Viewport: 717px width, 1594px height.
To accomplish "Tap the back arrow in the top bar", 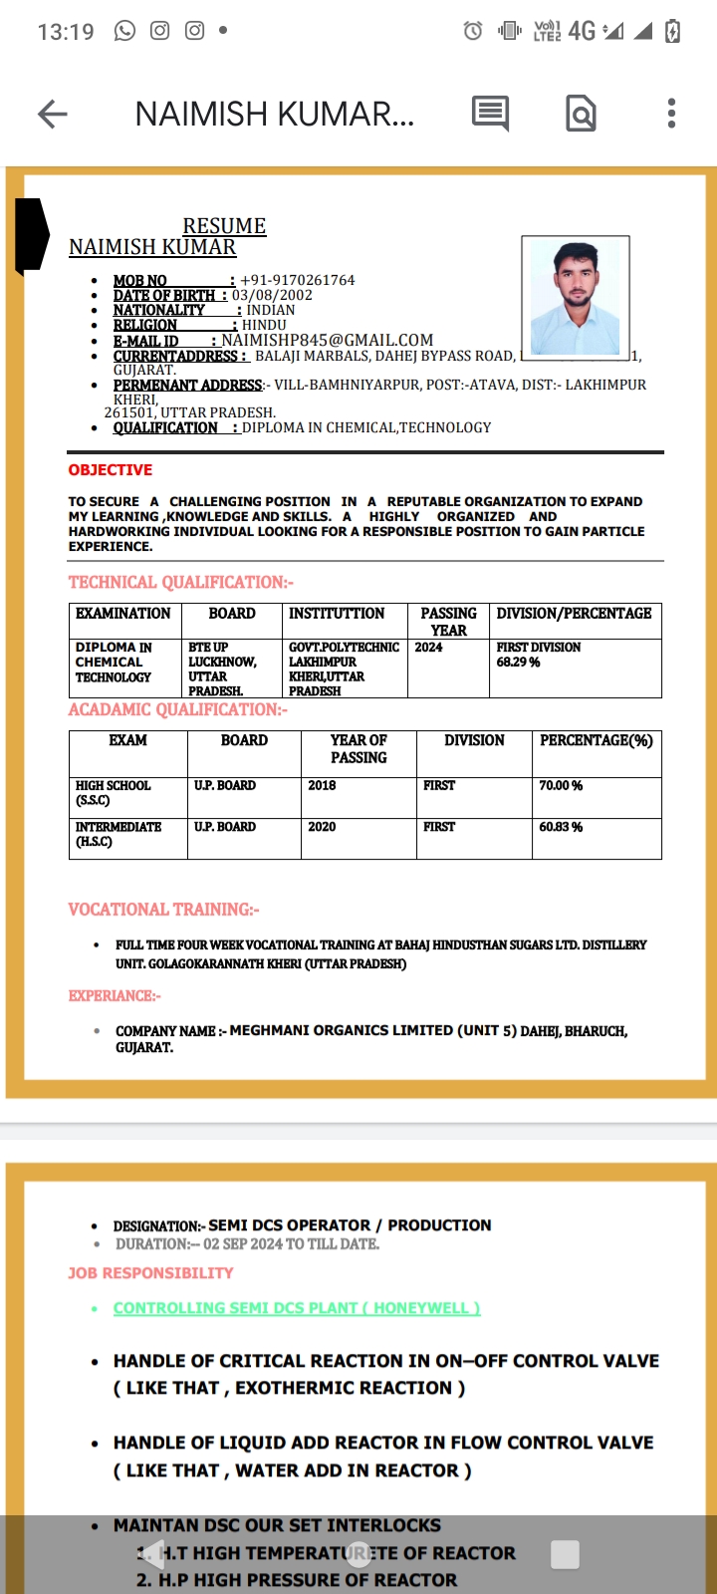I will tap(53, 114).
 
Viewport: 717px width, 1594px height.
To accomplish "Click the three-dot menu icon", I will tap(672, 114).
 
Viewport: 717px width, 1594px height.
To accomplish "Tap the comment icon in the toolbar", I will tap(490, 114).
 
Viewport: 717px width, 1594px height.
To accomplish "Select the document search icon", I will tap(581, 114).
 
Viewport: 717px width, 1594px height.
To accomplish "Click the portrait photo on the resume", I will tap(576, 296).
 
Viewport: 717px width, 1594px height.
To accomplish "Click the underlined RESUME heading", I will tap(224, 226).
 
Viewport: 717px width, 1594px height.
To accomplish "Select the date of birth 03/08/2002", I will tap(272, 295).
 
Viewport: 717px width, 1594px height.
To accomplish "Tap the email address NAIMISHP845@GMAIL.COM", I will tap(327, 340).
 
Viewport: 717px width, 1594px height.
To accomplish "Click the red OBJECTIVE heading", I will tap(110, 470).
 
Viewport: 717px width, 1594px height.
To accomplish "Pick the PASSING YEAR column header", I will tap(448, 622).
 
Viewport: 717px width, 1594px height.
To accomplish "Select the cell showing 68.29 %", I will tap(519, 663).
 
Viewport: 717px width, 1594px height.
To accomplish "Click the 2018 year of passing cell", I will tap(322, 786).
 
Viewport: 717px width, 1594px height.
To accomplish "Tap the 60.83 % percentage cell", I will tap(561, 827).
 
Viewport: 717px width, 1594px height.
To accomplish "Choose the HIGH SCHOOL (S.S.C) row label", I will tap(113, 793).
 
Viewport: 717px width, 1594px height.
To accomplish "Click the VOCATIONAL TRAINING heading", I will tap(163, 910).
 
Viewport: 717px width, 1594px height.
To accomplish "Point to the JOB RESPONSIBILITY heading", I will tap(150, 1273).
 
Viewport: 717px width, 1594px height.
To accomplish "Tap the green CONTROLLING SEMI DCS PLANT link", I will tap(296, 1308).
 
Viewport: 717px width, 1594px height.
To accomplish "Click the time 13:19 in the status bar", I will tap(66, 32).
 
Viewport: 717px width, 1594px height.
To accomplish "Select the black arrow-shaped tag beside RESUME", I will tap(31, 235).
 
